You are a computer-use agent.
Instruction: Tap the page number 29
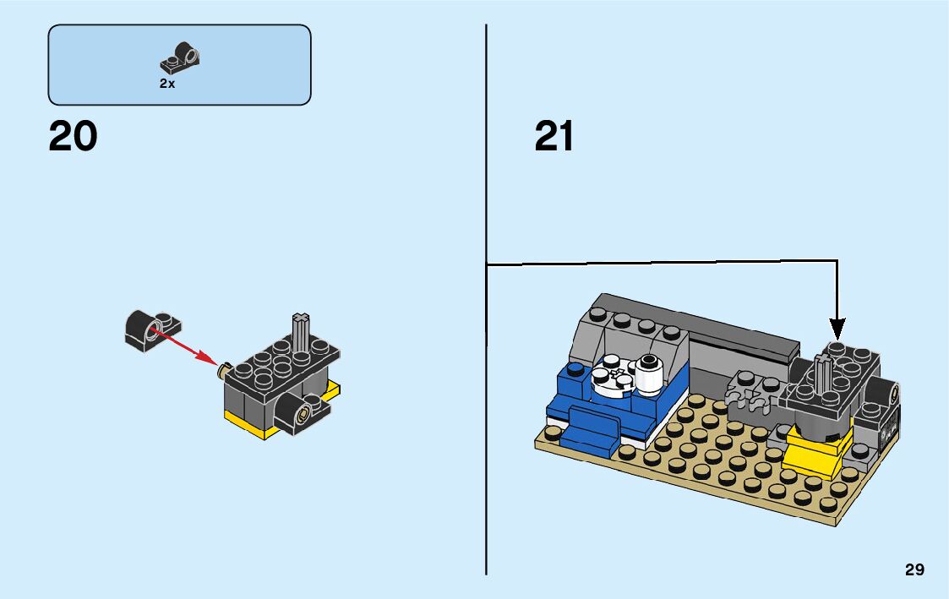(914, 569)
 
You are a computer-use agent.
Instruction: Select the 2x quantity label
(167, 84)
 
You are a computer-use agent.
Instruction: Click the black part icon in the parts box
(180, 57)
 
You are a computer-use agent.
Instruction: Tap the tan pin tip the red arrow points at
(224, 369)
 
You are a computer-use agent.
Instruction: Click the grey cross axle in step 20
(300, 332)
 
